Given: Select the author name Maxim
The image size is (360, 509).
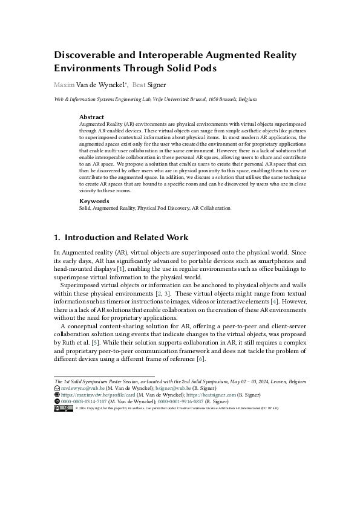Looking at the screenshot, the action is click(x=64, y=85).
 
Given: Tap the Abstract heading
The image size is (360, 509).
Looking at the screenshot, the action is click(x=92, y=117).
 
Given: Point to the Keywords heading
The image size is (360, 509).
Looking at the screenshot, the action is click(x=94, y=201).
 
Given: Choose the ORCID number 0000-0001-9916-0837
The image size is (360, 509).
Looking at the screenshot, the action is click(x=183, y=401).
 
